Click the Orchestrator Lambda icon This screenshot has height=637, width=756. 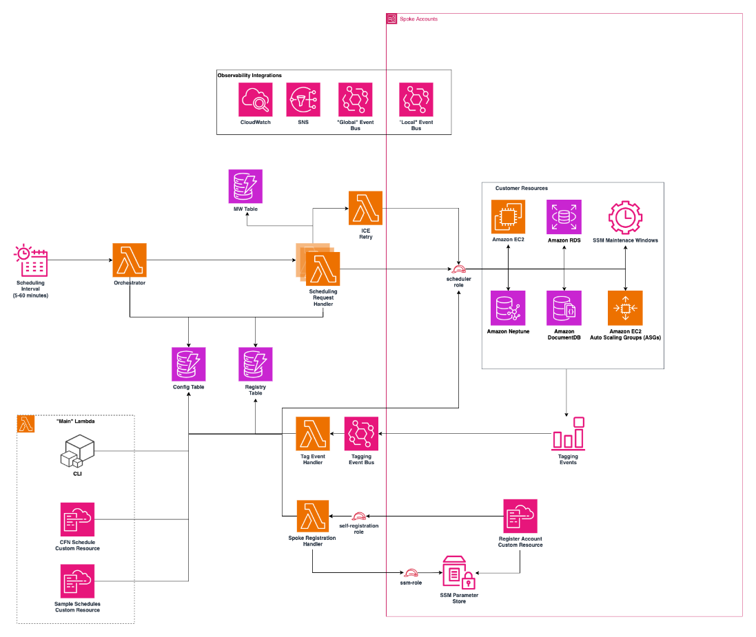[x=130, y=260]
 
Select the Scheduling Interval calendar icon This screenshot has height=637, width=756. [x=31, y=260]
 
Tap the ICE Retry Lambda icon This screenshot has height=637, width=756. [x=365, y=208]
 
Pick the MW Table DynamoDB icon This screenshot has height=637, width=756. [x=245, y=187]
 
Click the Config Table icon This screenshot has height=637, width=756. [x=189, y=364]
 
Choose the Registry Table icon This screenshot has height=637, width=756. [x=256, y=364]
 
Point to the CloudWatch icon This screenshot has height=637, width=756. [x=256, y=100]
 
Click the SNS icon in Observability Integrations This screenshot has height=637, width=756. [x=303, y=100]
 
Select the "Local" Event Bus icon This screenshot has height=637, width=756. [x=416, y=100]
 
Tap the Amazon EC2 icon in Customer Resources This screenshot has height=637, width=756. [x=508, y=217]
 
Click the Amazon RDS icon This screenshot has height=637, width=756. [x=564, y=217]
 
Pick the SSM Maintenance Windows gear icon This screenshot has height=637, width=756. [x=625, y=218]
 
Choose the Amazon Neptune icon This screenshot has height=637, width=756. [x=508, y=308]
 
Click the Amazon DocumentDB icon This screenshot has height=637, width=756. [x=564, y=308]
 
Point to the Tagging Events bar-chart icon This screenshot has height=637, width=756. [x=568, y=434]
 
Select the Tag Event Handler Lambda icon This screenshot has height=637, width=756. [x=313, y=434]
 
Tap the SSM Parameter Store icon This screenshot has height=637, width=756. [x=459, y=572]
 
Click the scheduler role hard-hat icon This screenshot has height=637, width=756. [x=458, y=270]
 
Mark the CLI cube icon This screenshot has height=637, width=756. [x=77, y=451]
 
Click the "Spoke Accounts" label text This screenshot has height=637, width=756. [x=418, y=19]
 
